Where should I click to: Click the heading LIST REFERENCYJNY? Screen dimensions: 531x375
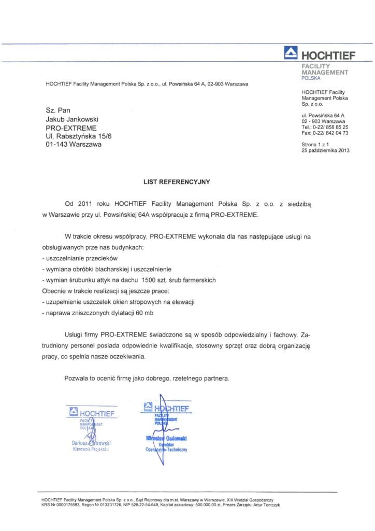pos(178,183)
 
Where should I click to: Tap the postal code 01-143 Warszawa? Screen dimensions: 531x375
pos(74,145)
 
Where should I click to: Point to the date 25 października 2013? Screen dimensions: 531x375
pos(326,150)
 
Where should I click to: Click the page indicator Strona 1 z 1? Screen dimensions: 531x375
pos(315,144)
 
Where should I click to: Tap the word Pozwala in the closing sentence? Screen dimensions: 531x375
pos(77,379)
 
